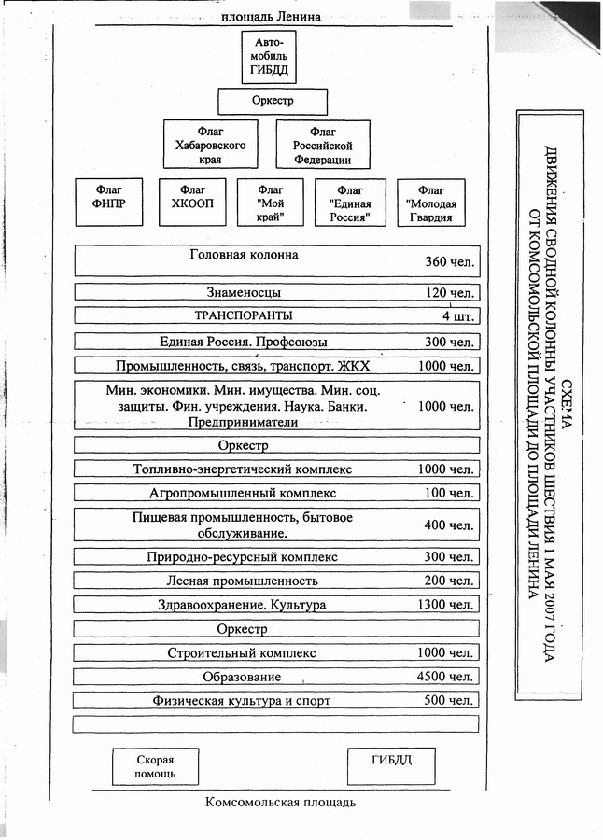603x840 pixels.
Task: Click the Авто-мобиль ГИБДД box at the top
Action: click(270, 56)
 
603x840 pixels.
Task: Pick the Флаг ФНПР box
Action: click(109, 203)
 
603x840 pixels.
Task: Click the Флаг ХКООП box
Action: click(193, 203)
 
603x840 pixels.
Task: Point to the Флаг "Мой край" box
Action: click(271, 203)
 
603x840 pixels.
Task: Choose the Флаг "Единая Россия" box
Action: click(350, 203)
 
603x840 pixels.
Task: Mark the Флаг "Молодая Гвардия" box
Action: click(431, 203)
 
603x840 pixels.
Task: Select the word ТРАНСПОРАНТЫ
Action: click(243, 315)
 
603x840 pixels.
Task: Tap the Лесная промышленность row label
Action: click(243, 581)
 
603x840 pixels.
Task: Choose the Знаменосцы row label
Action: click(245, 292)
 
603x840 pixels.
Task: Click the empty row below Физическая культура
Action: click(275, 723)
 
